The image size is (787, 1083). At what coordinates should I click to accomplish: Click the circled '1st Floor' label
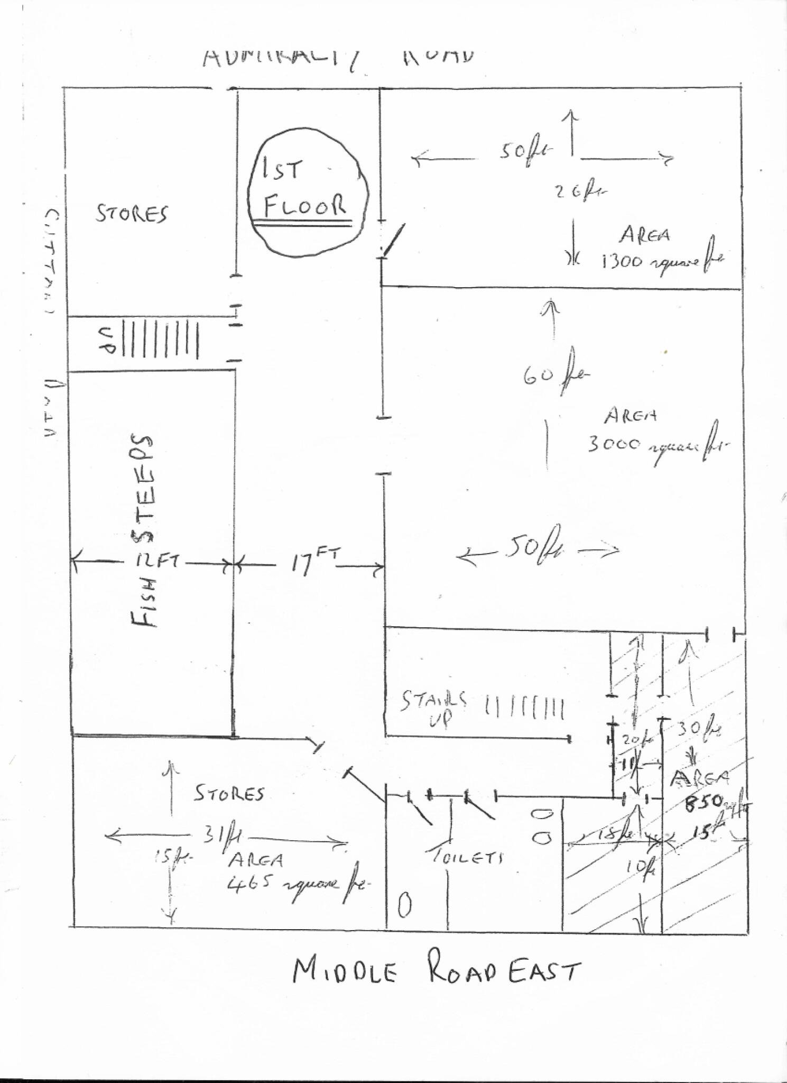307,190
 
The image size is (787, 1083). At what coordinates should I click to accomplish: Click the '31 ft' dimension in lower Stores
222,836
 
